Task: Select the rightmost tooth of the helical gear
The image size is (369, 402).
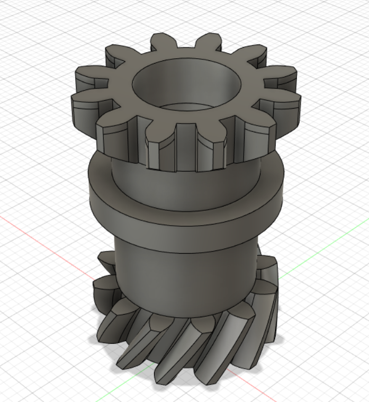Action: (x=270, y=297)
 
